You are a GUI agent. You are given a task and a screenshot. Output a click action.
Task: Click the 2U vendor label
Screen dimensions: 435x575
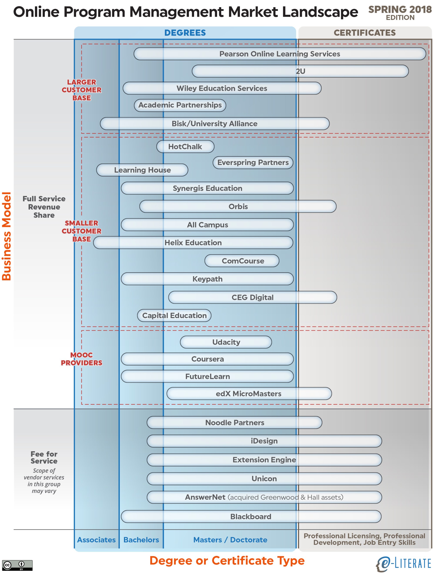pos(300,71)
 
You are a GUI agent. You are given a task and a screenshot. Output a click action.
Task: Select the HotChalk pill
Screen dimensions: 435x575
pos(185,147)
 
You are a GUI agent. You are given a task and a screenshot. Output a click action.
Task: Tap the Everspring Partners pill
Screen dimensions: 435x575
pos(253,162)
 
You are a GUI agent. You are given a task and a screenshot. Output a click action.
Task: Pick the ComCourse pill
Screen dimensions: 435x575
pos(242,261)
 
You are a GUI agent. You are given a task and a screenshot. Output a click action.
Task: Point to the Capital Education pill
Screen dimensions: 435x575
pos(174,315)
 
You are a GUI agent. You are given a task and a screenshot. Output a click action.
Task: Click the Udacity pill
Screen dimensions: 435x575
pos(226,342)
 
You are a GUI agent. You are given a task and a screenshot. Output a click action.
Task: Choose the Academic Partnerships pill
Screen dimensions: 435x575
pos(180,105)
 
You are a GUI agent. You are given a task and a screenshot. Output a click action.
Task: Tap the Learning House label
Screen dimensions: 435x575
pos(142,170)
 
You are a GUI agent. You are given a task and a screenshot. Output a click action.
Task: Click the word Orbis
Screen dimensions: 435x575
pos(238,207)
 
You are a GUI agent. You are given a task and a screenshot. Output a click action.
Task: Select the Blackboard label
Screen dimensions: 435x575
pos(251,517)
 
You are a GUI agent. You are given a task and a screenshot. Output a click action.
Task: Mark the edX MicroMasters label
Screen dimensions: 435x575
pos(248,393)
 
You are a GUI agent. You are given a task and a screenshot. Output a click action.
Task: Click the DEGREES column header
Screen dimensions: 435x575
pos(185,33)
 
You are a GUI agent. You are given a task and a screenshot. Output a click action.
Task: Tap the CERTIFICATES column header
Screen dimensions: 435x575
pos(365,33)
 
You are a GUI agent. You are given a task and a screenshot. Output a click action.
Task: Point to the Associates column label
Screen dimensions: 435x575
pos(96,540)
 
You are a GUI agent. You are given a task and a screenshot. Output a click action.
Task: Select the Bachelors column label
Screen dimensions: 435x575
pos(141,540)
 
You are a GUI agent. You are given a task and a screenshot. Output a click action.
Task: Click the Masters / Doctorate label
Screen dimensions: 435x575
pos(230,540)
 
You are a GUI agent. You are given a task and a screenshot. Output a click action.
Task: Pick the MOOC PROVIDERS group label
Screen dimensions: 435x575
pos(82,359)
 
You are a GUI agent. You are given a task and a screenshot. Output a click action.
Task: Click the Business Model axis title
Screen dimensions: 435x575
pos(7,236)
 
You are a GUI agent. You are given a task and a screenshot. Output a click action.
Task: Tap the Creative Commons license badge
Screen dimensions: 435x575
pos(17,565)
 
